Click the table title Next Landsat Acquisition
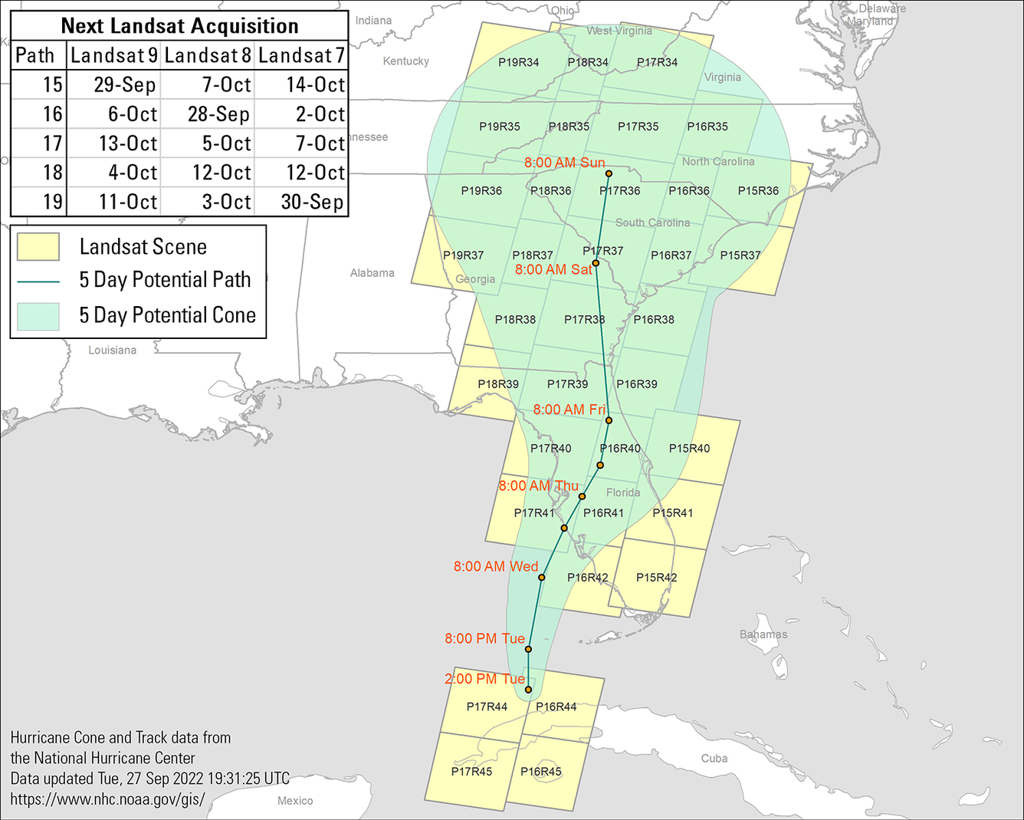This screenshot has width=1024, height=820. [x=179, y=26]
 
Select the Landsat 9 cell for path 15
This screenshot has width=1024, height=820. [x=124, y=85]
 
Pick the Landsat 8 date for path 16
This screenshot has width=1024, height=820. [x=218, y=114]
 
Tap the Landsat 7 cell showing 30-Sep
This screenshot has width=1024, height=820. [x=312, y=203]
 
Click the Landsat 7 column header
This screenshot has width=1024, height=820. [x=301, y=56]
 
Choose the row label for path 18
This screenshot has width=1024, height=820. [x=52, y=173]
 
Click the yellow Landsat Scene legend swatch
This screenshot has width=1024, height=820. [x=38, y=247]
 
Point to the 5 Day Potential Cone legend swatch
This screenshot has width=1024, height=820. [x=38, y=316]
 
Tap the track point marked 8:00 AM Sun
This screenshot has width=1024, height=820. [x=609, y=173]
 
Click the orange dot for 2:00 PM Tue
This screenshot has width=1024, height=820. [x=528, y=690]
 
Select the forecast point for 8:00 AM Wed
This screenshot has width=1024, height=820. [x=542, y=578]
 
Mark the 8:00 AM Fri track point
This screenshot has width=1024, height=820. [x=609, y=420]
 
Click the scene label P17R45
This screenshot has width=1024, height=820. [x=471, y=772]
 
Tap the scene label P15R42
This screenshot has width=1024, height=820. [x=657, y=578]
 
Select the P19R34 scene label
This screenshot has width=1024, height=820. [x=519, y=63]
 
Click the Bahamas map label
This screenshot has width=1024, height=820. [x=763, y=634]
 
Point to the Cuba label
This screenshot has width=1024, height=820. [x=714, y=759]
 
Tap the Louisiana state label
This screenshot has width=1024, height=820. [x=112, y=351]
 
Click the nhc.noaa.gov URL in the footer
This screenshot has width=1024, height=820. [x=107, y=799]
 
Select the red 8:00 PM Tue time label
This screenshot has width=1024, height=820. [x=484, y=638]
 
